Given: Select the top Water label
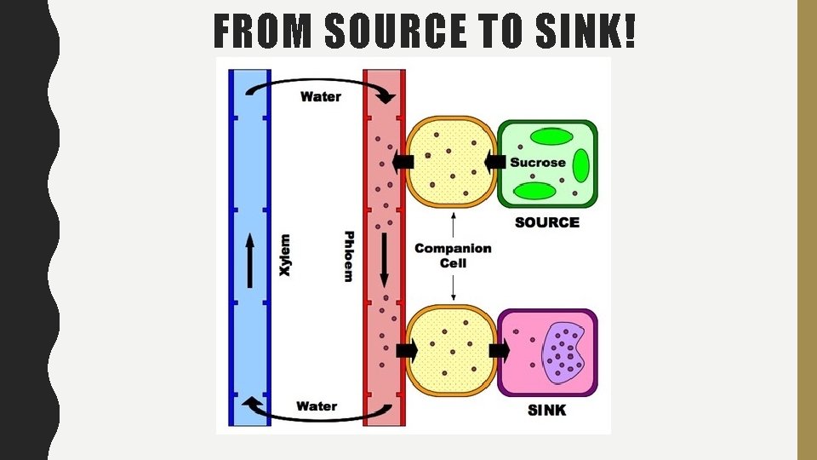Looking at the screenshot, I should (321, 96).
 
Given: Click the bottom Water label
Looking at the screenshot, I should (317, 406).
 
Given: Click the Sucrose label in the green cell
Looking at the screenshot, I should (538, 162).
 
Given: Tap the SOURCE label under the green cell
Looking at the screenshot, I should (547, 222).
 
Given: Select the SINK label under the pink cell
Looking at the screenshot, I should (547, 411).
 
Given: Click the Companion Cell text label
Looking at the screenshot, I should (453, 256).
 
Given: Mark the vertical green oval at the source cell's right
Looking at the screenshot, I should (581, 166).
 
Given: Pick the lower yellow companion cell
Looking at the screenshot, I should (451, 350).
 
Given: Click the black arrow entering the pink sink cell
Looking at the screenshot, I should (500, 350).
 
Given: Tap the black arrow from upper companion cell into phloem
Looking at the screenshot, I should (403, 162).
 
